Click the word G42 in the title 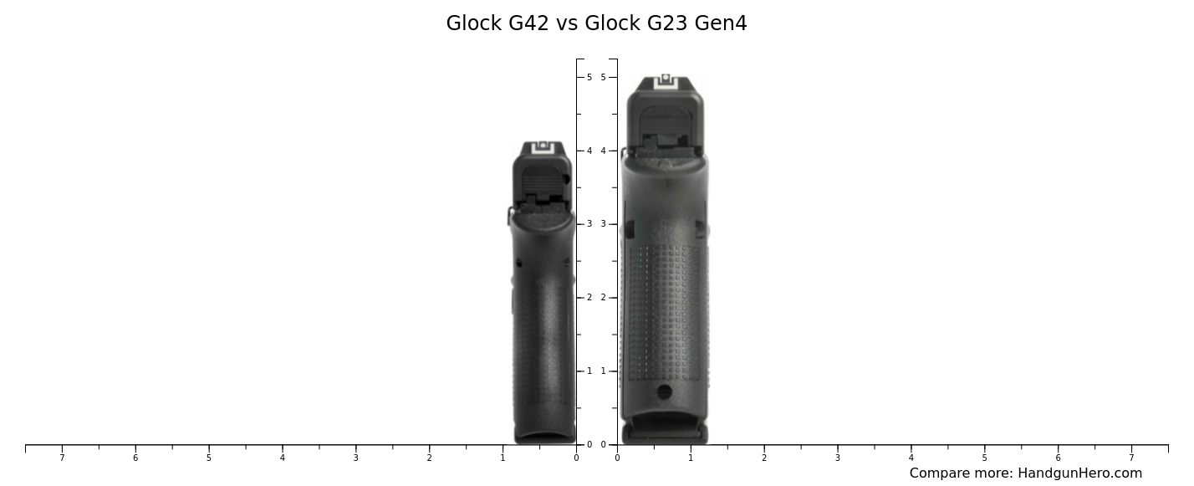528,23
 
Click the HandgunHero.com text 1079,473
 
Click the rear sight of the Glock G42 543,148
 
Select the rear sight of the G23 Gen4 666,80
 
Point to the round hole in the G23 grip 665,391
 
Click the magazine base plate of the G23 665,432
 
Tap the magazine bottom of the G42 544,436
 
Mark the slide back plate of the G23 666,125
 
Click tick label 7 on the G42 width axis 62,458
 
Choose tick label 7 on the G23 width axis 1131,458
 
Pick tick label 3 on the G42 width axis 355,458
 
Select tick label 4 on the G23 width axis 911,458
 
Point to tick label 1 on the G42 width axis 503,458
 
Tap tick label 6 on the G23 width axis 1058,458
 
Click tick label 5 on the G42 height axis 589,77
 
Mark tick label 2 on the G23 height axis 603,298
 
